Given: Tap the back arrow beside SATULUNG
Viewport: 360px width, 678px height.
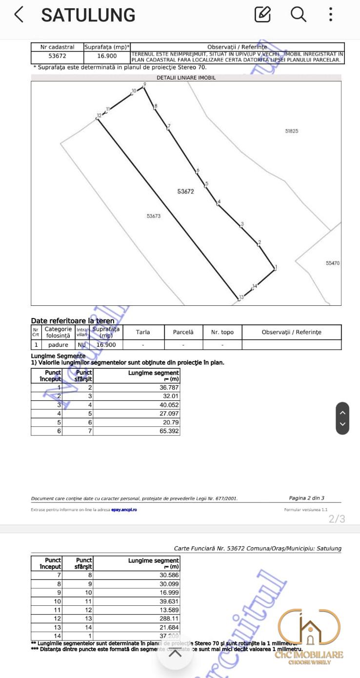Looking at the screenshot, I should pyautogui.click(x=19, y=15).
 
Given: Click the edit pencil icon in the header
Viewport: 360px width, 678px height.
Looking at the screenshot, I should pyautogui.click(x=262, y=15).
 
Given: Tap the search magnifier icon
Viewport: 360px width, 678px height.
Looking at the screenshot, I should pyautogui.click(x=298, y=14).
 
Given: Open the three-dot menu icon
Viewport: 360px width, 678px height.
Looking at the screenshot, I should pyautogui.click(x=331, y=15).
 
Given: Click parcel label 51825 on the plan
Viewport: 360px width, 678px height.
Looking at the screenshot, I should pyautogui.click(x=291, y=131).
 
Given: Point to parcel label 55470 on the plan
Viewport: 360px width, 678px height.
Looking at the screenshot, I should pyautogui.click(x=332, y=263).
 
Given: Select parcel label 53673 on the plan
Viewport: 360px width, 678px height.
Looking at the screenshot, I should pyautogui.click(x=153, y=216).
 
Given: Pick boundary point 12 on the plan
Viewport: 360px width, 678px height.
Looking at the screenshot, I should pyautogui.click(x=99, y=116).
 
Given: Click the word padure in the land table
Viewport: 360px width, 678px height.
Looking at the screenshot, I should pyautogui.click(x=58, y=344).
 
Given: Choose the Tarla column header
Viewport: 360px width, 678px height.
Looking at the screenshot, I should pyautogui.click(x=143, y=332).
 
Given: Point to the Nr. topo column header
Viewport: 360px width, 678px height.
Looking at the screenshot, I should pyautogui.click(x=222, y=332).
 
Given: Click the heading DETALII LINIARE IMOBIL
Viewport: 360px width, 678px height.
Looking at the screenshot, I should pyautogui.click(x=186, y=78).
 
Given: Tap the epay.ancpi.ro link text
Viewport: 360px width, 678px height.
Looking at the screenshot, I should pyautogui.click(x=124, y=510).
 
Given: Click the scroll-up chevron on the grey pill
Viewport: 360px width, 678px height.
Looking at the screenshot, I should pyautogui.click(x=342, y=412).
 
